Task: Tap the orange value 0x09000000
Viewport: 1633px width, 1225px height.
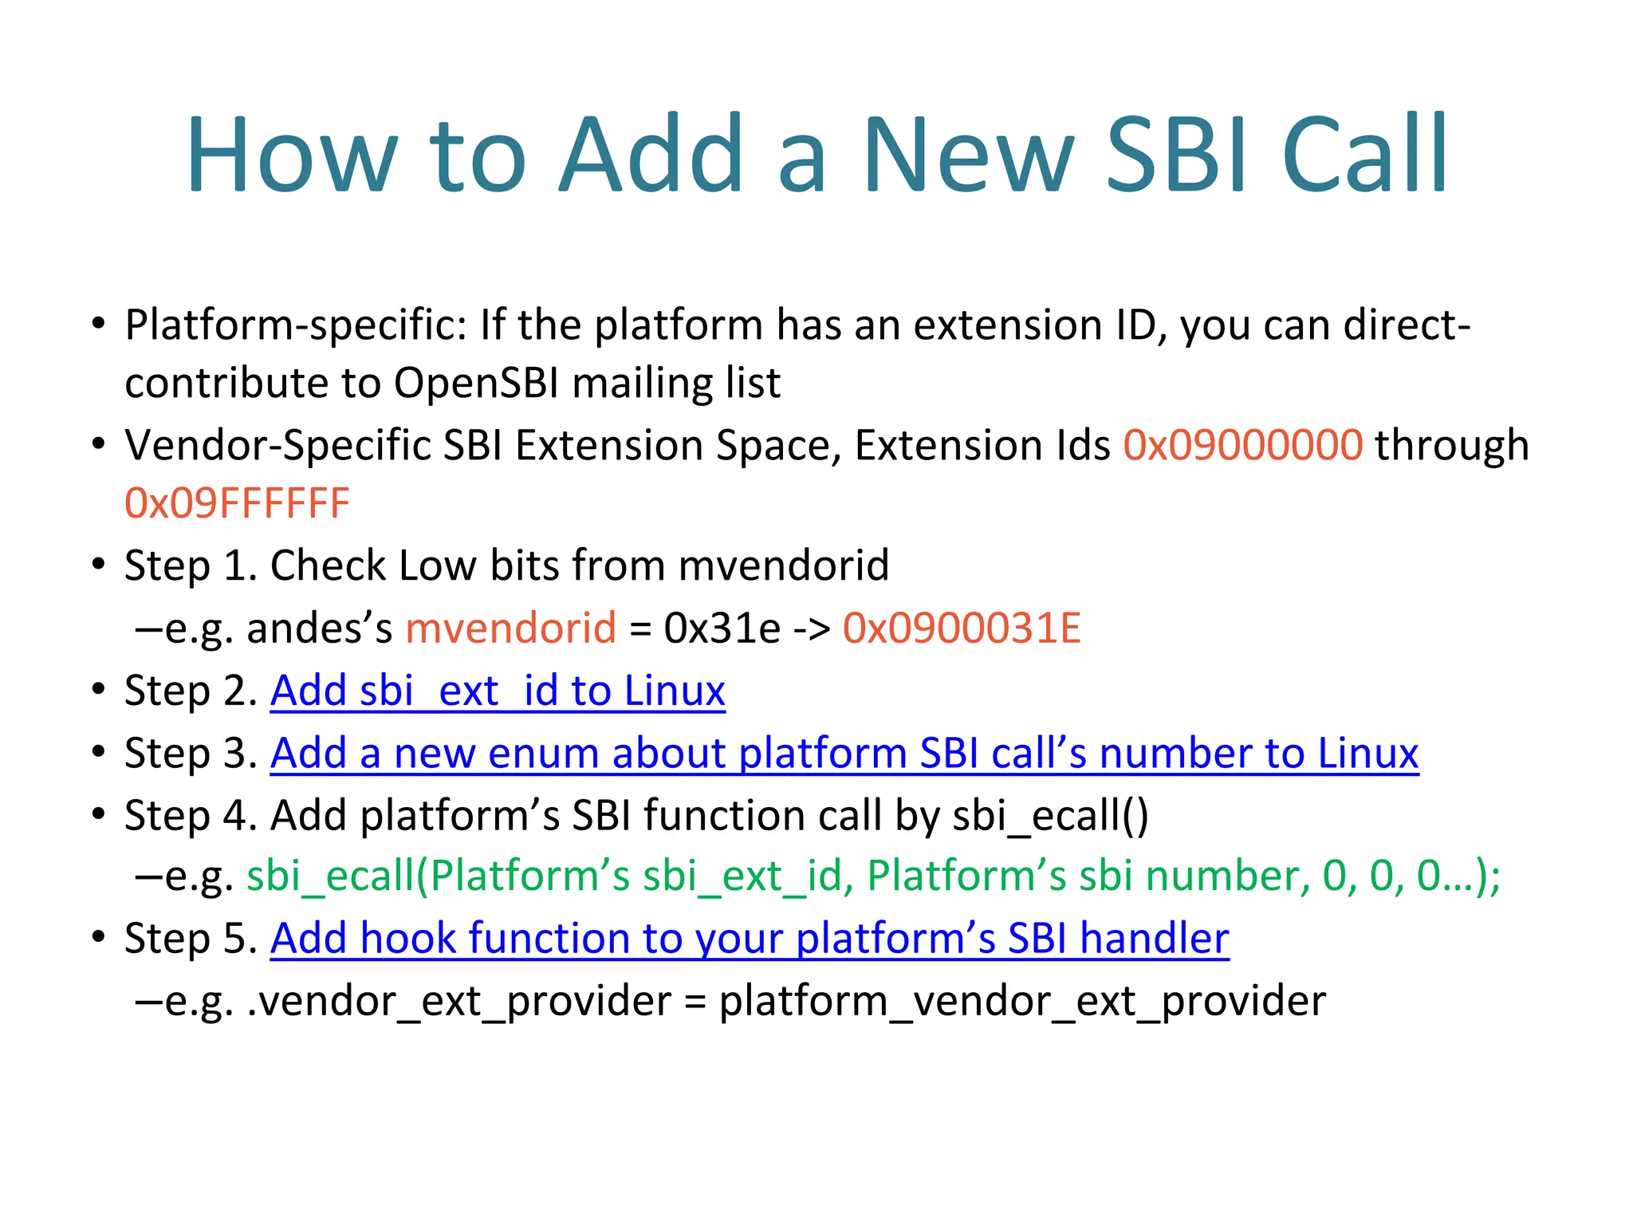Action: (1242, 445)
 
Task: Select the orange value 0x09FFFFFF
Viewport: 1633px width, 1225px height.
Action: (237, 504)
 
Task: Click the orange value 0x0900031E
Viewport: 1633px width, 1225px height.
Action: (961, 628)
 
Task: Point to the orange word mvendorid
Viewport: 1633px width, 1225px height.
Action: (510, 628)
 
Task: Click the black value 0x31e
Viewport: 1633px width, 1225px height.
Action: (722, 628)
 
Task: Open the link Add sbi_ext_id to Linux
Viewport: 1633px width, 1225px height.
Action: (498, 691)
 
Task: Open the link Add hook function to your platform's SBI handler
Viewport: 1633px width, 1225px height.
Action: (750, 938)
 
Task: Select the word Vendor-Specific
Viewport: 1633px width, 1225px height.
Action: (277, 445)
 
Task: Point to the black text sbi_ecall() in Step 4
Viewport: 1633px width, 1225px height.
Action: (1050, 816)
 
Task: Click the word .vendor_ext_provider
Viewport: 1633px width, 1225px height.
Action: (459, 1001)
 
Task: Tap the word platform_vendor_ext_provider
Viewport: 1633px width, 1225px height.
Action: (1022, 1001)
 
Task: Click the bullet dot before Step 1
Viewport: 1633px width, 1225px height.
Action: (98, 565)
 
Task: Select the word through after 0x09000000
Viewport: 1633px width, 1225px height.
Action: (1451, 445)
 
